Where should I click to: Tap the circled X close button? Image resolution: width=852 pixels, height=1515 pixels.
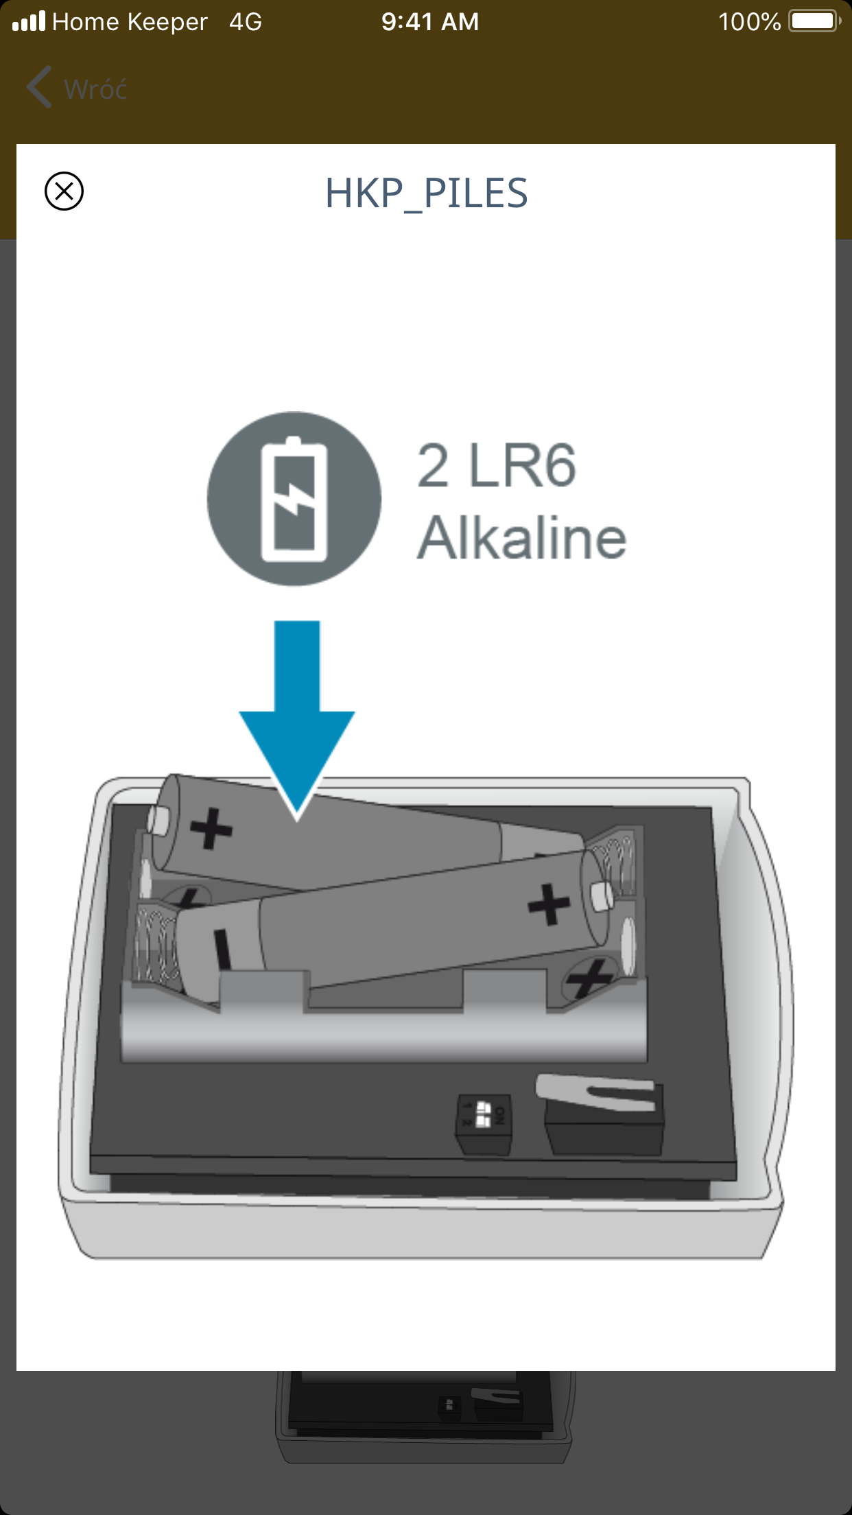coord(64,191)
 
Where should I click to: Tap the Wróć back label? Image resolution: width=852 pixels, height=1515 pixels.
coord(95,89)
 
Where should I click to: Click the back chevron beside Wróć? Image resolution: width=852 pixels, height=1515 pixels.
coord(39,87)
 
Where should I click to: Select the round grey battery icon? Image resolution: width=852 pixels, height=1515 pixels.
coord(294,499)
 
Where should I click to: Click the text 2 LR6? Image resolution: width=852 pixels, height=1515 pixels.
coord(497,467)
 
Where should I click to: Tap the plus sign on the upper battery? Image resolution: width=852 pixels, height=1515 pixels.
coord(211,828)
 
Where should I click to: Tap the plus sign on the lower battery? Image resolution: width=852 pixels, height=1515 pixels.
coord(549,904)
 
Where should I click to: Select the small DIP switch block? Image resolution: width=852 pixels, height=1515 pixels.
coord(484,1125)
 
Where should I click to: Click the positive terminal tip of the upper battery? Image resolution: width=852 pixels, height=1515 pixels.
coord(158,820)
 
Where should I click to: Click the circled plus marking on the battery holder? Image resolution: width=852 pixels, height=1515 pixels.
coord(589,977)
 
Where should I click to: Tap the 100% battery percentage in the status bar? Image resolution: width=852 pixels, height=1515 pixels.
coord(749,22)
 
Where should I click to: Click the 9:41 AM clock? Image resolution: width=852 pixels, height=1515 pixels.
coord(430,22)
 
